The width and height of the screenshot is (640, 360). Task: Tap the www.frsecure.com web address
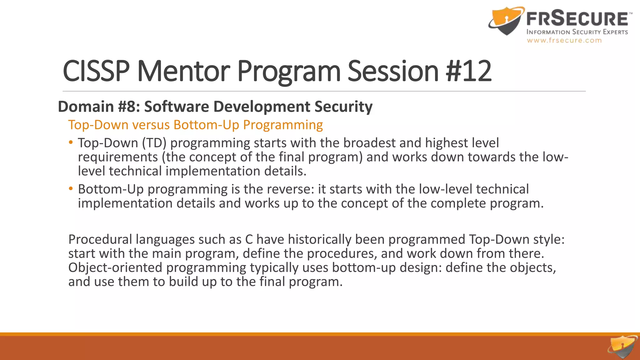coord(564,40)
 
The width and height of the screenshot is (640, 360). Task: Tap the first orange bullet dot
coord(71,142)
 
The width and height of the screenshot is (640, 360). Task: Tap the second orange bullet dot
coord(71,189)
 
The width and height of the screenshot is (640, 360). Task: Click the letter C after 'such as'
coord(249,239)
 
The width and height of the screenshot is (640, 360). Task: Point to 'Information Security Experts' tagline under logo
coord(577,32)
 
